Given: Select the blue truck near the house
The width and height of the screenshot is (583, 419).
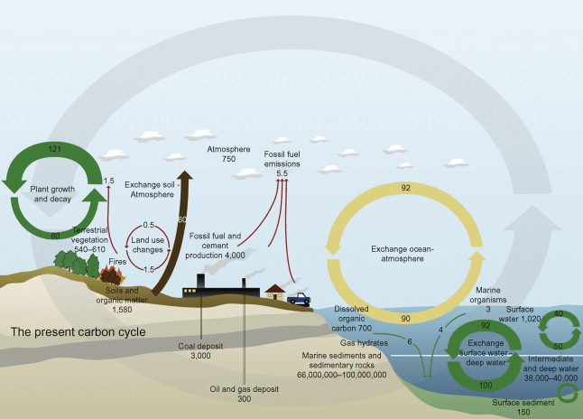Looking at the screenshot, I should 299,297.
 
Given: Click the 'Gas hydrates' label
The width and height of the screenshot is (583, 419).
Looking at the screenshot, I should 365,343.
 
